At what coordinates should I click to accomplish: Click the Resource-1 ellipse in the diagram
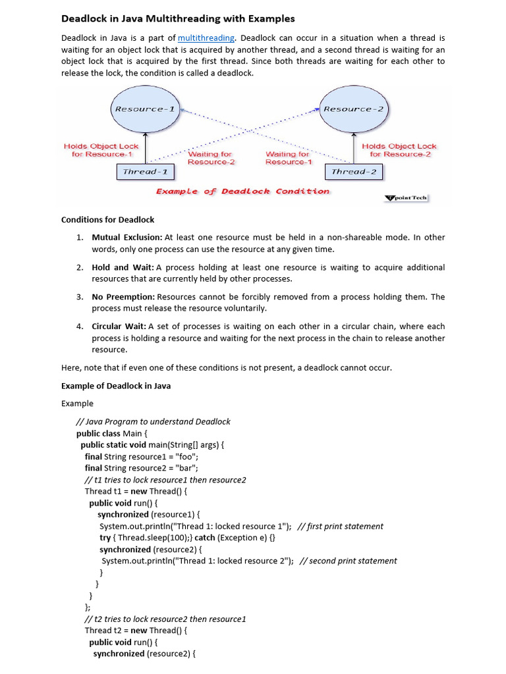[145, 109]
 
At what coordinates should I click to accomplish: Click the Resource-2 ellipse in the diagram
[354, 109]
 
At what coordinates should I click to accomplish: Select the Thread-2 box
[354, 172]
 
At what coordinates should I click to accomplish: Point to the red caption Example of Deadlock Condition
[242, 192]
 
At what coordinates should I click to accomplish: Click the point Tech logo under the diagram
[406, 197]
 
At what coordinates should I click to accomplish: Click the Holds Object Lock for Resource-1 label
[101, 150]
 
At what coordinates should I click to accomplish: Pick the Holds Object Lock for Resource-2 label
[399, 150]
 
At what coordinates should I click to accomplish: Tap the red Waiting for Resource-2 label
[211, 158]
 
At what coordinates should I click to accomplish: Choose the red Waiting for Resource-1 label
[288, 158]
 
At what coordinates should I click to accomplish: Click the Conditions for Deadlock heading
[108, 220]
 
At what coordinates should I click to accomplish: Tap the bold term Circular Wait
[119, 326]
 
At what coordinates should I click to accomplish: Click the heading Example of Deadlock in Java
[116, 386]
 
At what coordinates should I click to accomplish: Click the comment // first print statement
[340, 526]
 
